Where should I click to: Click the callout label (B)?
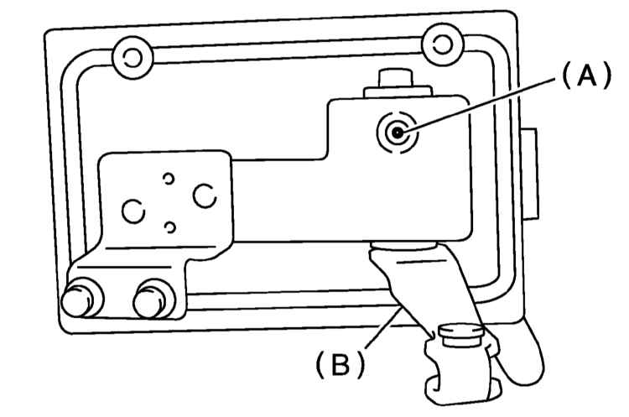pyautogui.click(x=340, y=364)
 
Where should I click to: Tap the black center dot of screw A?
pyautogui.click(x=398, y=133)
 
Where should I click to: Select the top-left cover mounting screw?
pyautogui.click(x=133, y=58)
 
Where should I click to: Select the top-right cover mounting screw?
pyautogui.click(x=443, y=44)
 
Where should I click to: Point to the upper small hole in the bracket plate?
pyautogui.click(x=169, y=178)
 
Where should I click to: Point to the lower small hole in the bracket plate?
pyautogui.click(x=170, y=227)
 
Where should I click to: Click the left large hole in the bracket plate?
pyautogui.click(x=133, y=211)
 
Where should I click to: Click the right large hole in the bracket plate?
pyautogui.click(x=205, y=195)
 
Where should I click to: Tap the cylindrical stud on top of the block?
pyautogui.click(x=396, y=78)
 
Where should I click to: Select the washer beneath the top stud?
pyautogui.click(x=398, y=92)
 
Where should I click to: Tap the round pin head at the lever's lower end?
pyautogui.click(x=460, y=336)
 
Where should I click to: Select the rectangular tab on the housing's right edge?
pyautogui.click(x=529, y=175)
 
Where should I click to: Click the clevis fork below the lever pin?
pyautogui.click(x=462, y=373)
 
